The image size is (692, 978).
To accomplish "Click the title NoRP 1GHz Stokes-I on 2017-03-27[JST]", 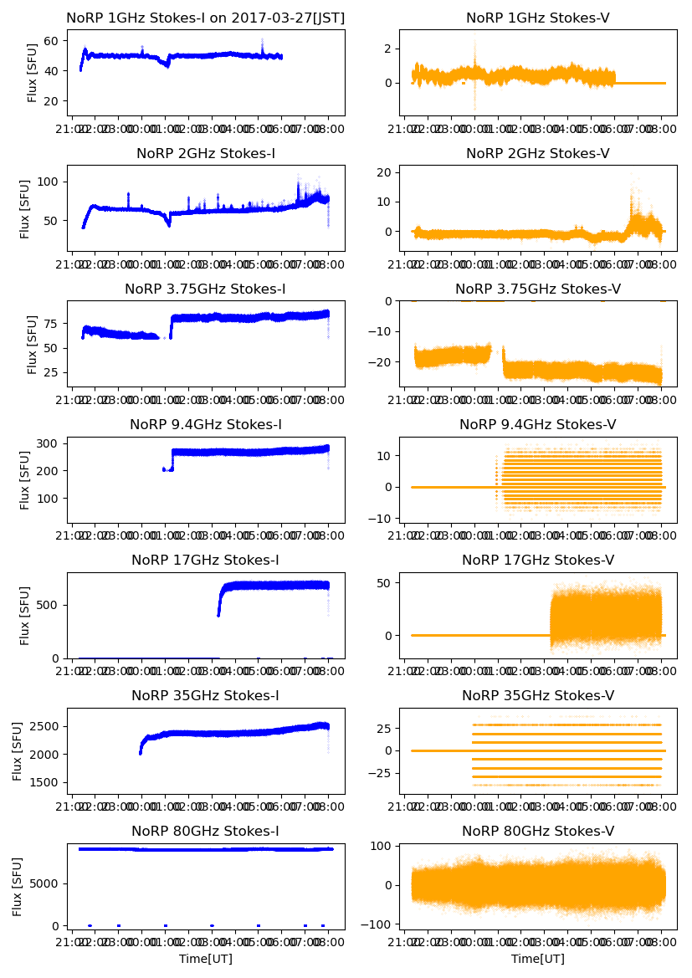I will [x=205, y=18].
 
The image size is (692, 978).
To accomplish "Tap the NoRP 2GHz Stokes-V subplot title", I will [x=537, y=153].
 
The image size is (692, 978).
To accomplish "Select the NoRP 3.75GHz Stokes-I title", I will [x=205, y=289].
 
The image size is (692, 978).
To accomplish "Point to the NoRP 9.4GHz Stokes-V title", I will [x=537, y=424].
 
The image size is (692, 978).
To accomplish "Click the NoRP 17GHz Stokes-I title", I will [x=205, y=560].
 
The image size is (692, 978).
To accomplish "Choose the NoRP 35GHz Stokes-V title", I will [x=537, y=695].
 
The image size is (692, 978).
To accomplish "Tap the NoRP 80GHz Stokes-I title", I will [x=205, y=831].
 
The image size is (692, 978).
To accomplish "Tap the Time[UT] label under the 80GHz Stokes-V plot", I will [x=537, y=959].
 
